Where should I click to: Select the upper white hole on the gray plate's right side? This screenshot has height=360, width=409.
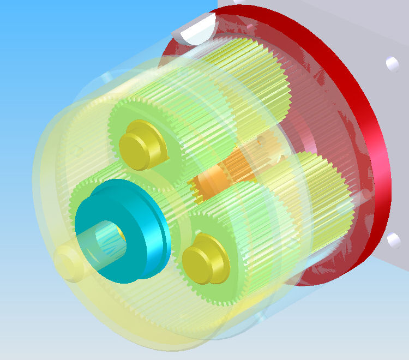(392, 63)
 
